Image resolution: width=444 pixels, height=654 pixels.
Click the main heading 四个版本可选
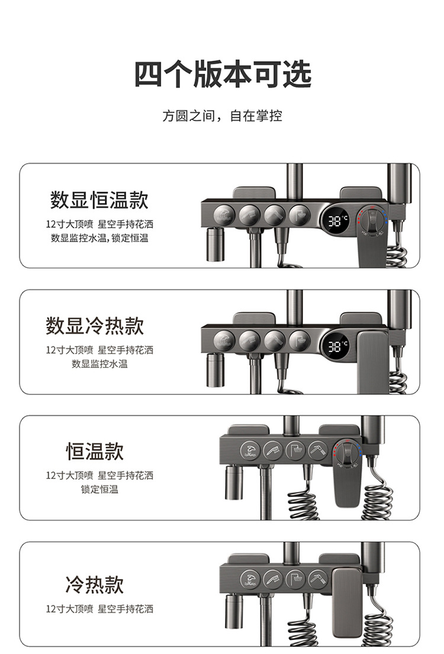222,75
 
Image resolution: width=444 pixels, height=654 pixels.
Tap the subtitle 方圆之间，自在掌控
222,116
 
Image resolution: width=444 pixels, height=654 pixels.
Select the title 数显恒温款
99,200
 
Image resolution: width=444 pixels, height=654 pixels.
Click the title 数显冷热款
95,326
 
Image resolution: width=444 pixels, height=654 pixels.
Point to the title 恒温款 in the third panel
95,452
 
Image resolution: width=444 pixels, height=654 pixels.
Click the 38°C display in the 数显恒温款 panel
338,221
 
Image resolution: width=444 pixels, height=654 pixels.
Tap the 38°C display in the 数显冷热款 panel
338,347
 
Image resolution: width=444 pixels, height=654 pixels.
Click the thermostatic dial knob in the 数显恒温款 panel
371,221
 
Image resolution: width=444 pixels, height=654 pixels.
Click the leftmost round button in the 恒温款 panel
250,451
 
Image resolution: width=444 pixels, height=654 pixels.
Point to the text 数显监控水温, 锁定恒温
99,238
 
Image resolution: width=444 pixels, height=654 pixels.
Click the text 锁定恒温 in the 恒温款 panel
99,490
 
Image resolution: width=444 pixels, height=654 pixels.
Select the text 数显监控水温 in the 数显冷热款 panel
99,364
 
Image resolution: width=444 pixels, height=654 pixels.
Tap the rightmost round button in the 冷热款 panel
318,577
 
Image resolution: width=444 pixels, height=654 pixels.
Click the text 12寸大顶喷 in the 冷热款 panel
69,608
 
